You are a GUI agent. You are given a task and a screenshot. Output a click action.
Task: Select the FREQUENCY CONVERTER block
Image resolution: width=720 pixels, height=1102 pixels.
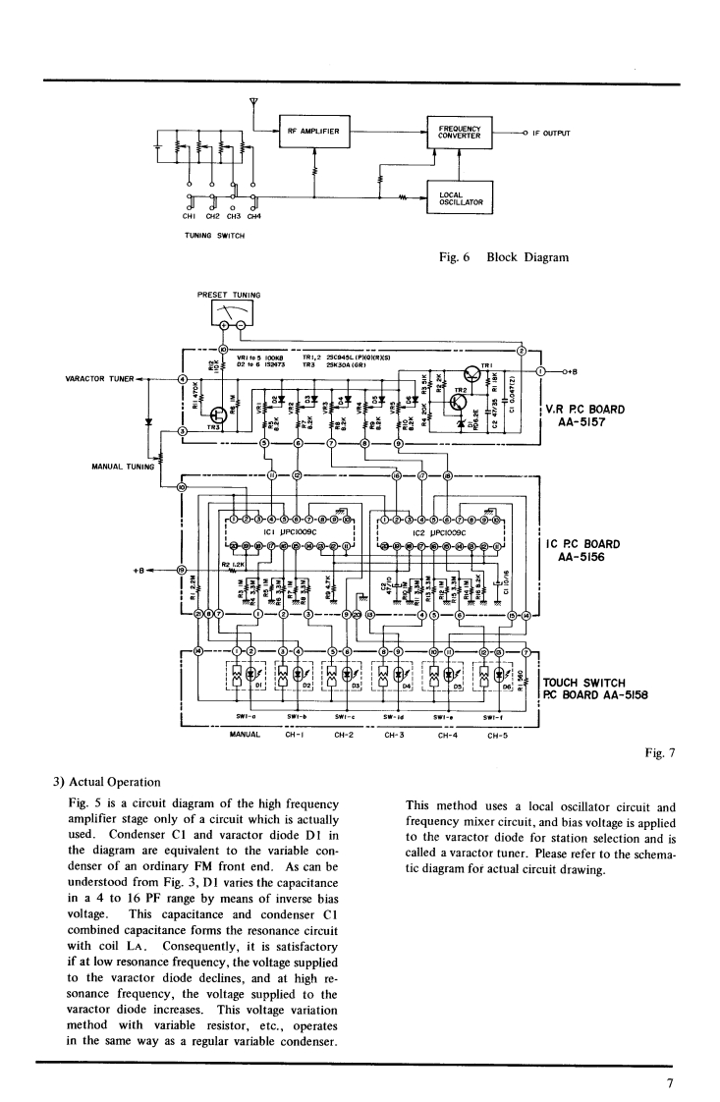click(460, 132)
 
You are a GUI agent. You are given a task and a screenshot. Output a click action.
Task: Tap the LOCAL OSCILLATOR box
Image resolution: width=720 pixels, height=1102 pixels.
click(460, 195)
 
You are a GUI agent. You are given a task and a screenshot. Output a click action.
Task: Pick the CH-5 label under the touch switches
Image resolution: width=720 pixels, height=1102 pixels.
click(496, 734)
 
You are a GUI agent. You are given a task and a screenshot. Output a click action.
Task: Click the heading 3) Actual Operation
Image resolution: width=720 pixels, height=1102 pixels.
click(107, 782)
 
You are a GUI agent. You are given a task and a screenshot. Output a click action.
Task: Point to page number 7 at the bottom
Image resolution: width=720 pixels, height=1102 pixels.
click(668, 1083)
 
